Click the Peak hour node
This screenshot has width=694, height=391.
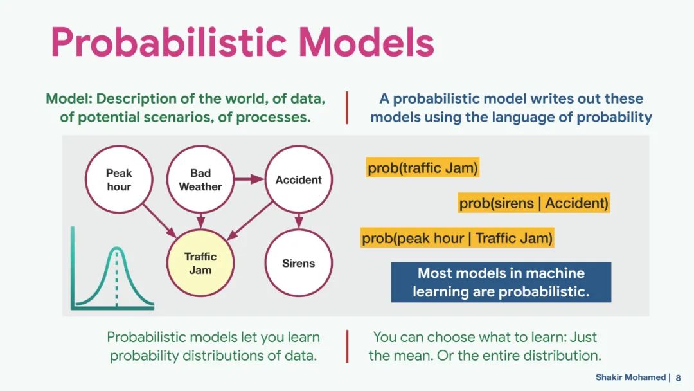(x=119, y=179)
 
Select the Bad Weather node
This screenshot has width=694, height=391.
(x=200, y=179)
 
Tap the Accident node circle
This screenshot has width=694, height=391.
(x=298, y=179)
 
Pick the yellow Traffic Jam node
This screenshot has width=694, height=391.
(x=200, y=263)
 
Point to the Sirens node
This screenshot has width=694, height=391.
(x=298, y=263)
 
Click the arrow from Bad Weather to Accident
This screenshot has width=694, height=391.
(x=249, y=179)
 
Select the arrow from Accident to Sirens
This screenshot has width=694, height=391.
(x=298, y=221)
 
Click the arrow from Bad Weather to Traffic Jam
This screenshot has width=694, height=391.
(x=200, y=221)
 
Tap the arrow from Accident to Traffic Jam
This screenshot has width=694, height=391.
(x=250, y=220)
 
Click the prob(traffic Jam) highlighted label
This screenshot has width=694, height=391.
(x=423, y=168)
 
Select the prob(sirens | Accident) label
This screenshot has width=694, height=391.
(x=533, y=203)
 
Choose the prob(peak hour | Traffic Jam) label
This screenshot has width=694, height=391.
(x=457, y=239)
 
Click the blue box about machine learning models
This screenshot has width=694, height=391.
(x=501, y=282)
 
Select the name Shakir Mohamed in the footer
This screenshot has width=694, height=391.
(x=630, y=377)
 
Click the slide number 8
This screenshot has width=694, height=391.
(x=678, y=377)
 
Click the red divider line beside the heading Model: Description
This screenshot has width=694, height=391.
(x=347, y=107)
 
